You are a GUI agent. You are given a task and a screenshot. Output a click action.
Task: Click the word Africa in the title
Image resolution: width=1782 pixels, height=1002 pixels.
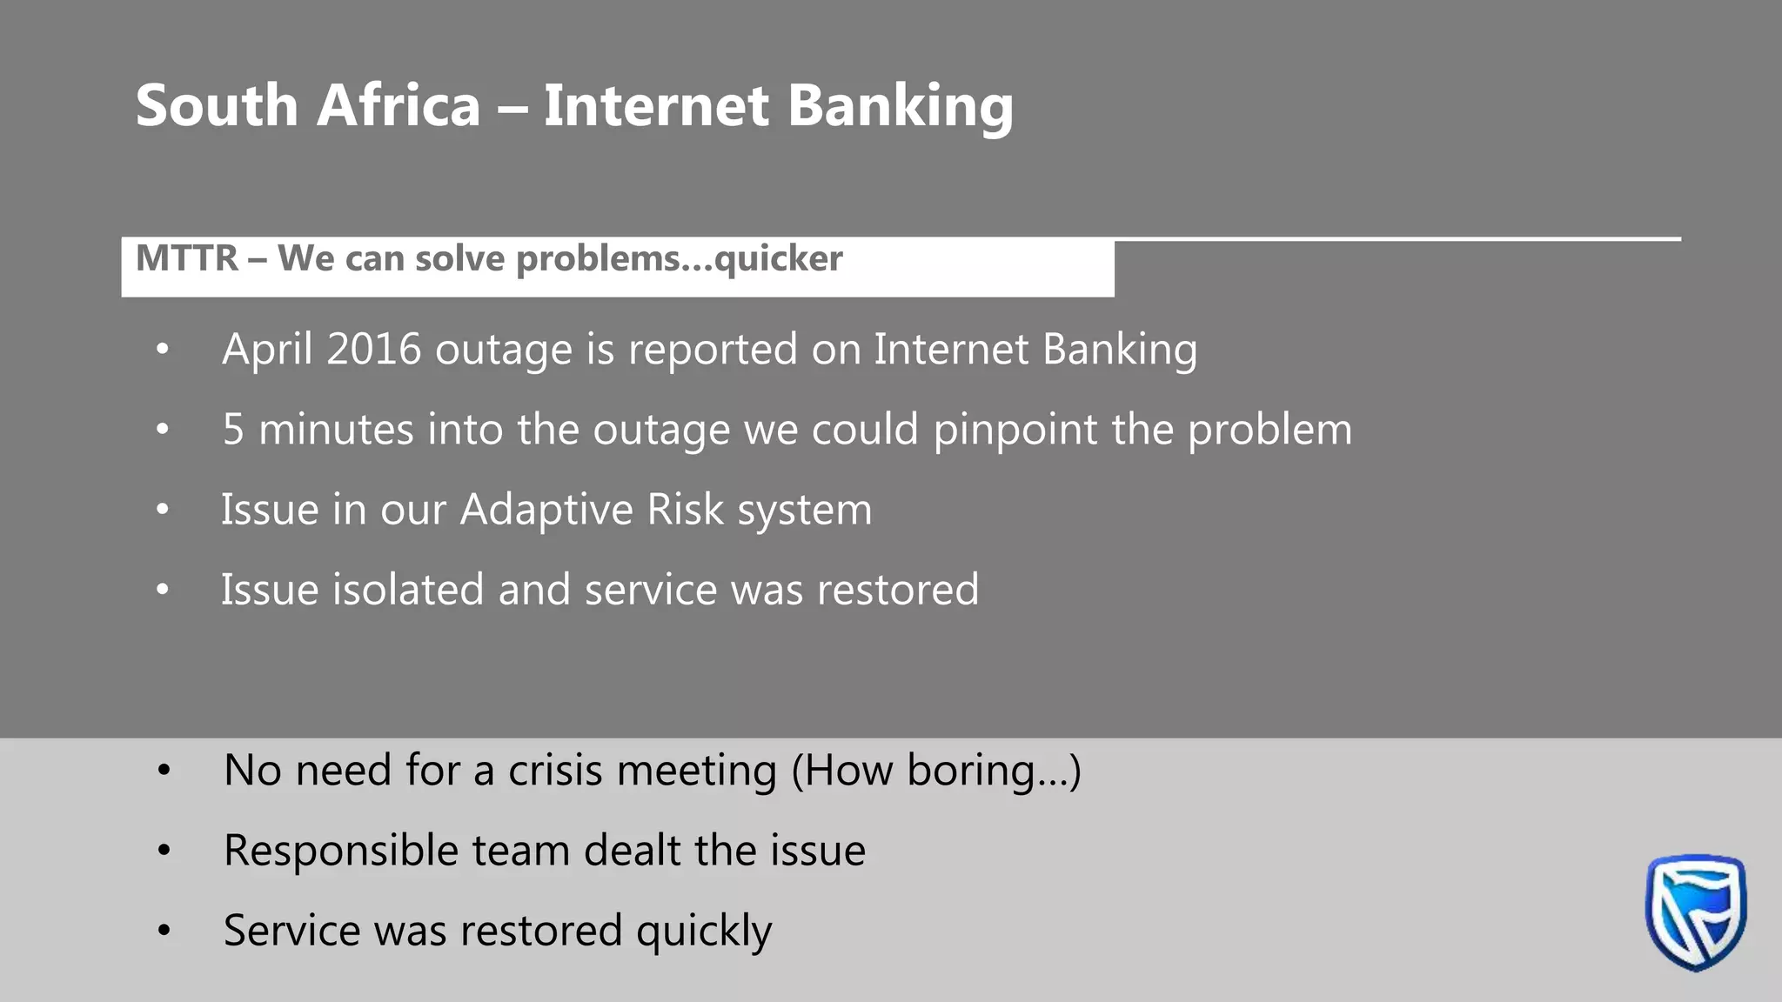399,105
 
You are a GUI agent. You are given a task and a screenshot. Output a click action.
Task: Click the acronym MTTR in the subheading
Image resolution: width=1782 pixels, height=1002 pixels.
187,258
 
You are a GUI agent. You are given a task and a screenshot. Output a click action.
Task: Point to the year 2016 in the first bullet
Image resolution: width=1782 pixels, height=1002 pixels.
373,349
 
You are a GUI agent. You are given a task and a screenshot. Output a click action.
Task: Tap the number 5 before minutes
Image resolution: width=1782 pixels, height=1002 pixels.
233,430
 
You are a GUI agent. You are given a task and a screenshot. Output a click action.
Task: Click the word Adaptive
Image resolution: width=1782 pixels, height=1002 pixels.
546,510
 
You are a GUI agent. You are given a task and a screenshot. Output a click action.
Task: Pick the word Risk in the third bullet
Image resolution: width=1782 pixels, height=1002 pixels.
685,509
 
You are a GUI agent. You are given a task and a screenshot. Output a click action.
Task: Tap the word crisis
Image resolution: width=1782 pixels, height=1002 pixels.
554,771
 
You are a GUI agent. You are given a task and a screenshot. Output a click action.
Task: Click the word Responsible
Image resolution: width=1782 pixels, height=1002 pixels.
340,851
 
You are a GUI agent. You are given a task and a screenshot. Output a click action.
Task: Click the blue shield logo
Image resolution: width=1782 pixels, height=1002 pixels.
1695,911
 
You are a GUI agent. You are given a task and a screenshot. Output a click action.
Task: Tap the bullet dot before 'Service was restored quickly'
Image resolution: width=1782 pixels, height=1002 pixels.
164,931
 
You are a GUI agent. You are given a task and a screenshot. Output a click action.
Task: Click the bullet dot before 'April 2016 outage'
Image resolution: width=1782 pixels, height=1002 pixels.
163,350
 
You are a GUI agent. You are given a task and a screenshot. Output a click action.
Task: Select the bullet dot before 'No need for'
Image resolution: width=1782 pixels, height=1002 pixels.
164,771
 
